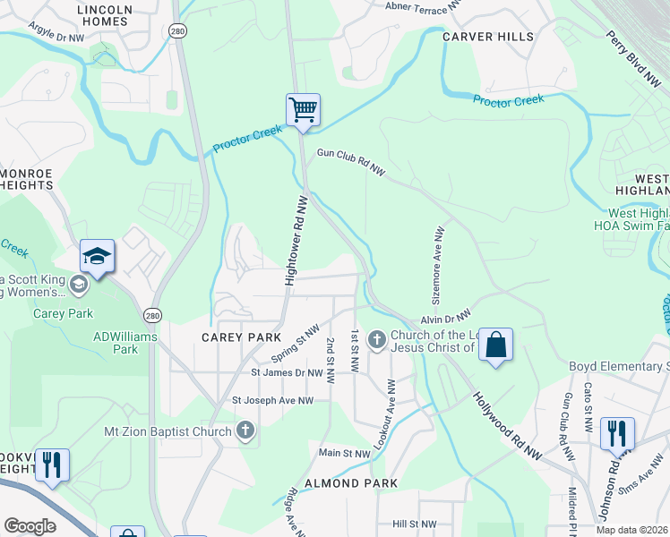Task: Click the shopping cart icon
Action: [x=303, y=110]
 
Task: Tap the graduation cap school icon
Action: [x=97, y=257]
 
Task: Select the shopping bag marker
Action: [x=495, y=345]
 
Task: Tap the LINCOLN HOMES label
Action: [x=105, y=16]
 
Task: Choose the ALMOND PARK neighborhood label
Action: [x=350, y=483]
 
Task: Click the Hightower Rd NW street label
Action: [x=296, y=242]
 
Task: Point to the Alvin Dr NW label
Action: [x=445, y=318]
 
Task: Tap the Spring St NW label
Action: [x=295, y=343]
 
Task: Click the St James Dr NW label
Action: [x=287, y=372]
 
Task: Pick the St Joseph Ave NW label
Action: [x=272, y=400]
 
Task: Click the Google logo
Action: [x=30, y=525]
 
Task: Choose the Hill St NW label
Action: [x=414, y=524]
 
